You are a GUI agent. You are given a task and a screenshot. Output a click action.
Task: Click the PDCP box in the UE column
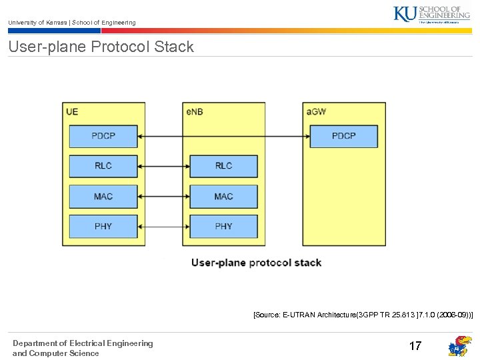click(103, 136)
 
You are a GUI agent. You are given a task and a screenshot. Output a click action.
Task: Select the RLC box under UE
click(103, 166)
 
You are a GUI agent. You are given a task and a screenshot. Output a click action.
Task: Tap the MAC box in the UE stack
click(103, 197)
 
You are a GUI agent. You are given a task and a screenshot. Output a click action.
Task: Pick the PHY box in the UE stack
click(103, 227)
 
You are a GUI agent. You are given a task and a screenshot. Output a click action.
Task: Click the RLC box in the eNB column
click(223, 166)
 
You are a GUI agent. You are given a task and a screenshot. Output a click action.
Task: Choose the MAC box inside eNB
click(223, 197)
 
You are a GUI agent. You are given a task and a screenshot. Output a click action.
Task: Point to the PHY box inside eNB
click(223, 227)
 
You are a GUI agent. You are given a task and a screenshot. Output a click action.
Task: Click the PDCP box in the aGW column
click(344, 136)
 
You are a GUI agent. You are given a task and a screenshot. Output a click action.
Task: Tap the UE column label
click(72, 111)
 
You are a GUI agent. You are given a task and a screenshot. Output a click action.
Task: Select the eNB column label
click(195, 111)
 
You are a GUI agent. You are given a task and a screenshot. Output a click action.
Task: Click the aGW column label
click(316, 111)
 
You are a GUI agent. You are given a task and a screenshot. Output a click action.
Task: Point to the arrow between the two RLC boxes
click(163, 166)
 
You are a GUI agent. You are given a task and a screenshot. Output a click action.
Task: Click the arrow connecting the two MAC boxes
click(163, 197)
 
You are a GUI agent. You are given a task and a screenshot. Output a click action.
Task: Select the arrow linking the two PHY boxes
click(163, 227)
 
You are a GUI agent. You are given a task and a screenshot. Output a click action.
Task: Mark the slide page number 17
click(415, 346)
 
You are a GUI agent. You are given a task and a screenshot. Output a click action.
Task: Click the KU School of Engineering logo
click(431, 14)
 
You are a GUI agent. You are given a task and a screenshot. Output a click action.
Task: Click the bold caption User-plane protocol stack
click(256, 263)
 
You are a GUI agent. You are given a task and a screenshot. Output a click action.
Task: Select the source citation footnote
click(363, 313)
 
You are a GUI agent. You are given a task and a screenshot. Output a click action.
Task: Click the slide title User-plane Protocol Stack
click(101, 47)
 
